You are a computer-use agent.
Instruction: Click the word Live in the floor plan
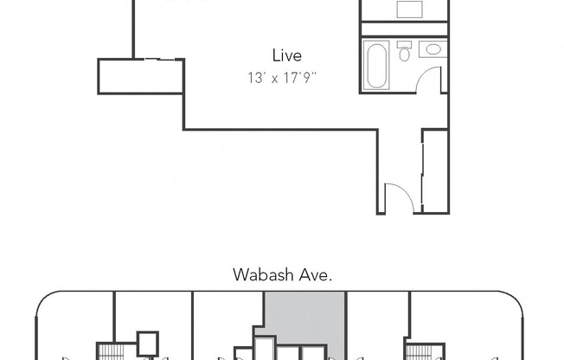286,55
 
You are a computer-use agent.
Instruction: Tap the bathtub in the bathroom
377,67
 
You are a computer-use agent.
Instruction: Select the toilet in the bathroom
404,53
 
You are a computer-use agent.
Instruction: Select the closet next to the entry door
434,170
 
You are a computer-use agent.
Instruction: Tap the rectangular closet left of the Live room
141,76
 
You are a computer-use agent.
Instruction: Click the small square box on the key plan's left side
149,341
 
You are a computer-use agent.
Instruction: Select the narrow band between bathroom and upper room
403,29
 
